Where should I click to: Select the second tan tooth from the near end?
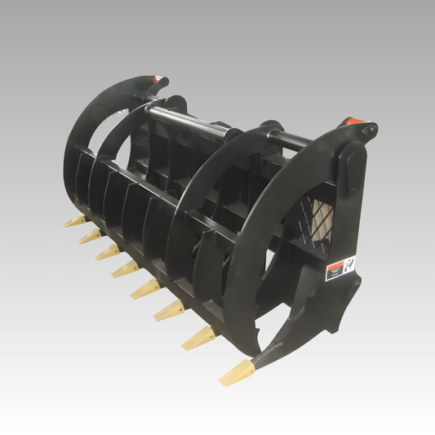coord(199,336)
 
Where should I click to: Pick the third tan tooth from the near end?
coord(171,308)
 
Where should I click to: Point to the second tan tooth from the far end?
coord(90,236)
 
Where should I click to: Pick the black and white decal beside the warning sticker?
coord(349,264)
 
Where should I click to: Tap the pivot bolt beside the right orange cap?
coord(371,129)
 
